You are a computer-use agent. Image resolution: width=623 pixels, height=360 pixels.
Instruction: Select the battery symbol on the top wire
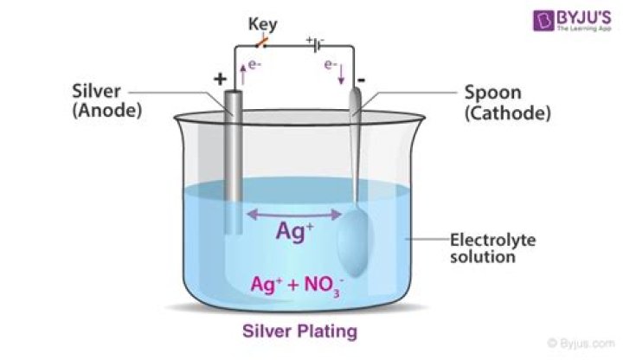318,42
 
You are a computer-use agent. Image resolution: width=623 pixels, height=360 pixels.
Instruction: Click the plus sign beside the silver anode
219,80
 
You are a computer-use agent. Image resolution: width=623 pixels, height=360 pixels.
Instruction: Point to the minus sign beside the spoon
359,80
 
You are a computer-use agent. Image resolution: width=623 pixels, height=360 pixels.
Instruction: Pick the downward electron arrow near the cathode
341,74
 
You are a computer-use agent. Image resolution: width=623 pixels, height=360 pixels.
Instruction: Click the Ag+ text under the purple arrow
294,231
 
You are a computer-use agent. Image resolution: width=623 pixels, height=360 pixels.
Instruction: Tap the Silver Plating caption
299,331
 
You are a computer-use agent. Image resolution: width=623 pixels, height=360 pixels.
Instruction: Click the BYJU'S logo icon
520,20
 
